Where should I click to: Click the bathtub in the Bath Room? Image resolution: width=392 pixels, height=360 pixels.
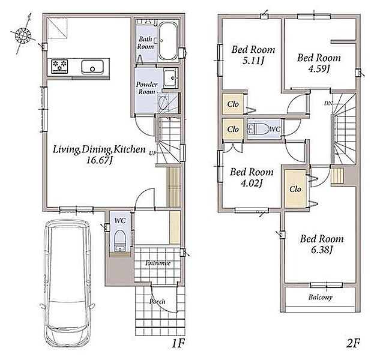[167, 41]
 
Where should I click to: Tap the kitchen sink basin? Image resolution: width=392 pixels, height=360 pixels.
[92, 67]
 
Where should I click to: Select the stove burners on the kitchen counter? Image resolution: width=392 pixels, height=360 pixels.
[60, 66]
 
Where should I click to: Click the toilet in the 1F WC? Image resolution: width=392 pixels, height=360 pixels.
[120, 241]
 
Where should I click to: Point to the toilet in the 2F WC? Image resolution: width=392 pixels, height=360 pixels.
[258, 130]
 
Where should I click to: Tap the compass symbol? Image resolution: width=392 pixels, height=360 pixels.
[23, 35]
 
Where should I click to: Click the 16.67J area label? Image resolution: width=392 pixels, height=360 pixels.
[99, 160]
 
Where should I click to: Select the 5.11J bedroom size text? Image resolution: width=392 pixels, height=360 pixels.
[253, 61]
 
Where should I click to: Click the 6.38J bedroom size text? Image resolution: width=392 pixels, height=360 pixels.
[322, 250]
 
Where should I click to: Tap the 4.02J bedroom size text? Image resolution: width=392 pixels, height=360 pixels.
[252, 183]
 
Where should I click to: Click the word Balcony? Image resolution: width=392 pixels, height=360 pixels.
[320, 297]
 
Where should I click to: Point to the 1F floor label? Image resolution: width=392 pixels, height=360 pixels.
[178, 344]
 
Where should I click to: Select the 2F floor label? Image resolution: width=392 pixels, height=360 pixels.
[353, 344]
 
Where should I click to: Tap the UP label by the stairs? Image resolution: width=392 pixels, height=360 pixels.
[152, 153]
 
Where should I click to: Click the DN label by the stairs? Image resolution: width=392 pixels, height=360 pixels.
[328, 103]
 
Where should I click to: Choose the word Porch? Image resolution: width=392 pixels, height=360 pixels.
[157, 302]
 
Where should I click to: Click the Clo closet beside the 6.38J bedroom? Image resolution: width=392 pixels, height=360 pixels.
[295, 189]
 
